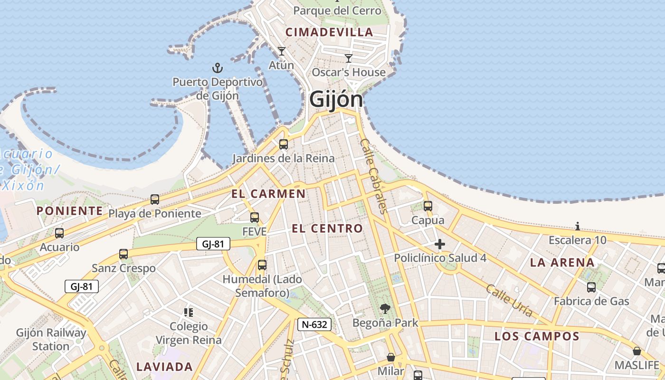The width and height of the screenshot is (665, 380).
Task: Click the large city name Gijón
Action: (336, 99)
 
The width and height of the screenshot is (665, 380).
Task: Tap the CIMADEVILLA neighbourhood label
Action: (329, 32)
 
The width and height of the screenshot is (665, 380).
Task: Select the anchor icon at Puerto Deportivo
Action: (217, 68)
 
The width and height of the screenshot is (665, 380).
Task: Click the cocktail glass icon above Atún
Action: (282, 51)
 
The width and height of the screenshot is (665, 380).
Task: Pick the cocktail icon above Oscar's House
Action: (349, 58)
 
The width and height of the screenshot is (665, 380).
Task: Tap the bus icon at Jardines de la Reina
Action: (284, 144)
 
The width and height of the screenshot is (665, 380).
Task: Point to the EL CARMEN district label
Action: (268, 194)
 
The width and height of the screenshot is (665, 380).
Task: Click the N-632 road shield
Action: (314, 324)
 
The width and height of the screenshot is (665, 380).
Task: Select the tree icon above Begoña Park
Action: (385, 309)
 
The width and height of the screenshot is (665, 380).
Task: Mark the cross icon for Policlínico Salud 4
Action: (440, 245)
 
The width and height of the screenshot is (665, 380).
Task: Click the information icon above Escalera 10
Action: (578, 226)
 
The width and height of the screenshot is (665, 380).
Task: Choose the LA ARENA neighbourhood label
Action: (562, 263)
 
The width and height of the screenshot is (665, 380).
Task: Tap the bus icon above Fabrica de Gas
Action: (591, 287)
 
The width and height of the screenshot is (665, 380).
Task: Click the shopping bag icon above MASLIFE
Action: (636, 351)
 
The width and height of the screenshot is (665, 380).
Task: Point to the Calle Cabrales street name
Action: (374, 176)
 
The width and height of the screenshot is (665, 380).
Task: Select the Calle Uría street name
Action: (509, 300)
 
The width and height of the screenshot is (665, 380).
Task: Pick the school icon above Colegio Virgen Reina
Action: (189, 313)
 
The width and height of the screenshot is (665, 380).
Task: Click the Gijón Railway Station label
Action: (51, 339)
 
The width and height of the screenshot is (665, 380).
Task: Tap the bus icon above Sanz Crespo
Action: (123, 254)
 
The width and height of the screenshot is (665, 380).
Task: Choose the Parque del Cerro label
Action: (337, 10)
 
